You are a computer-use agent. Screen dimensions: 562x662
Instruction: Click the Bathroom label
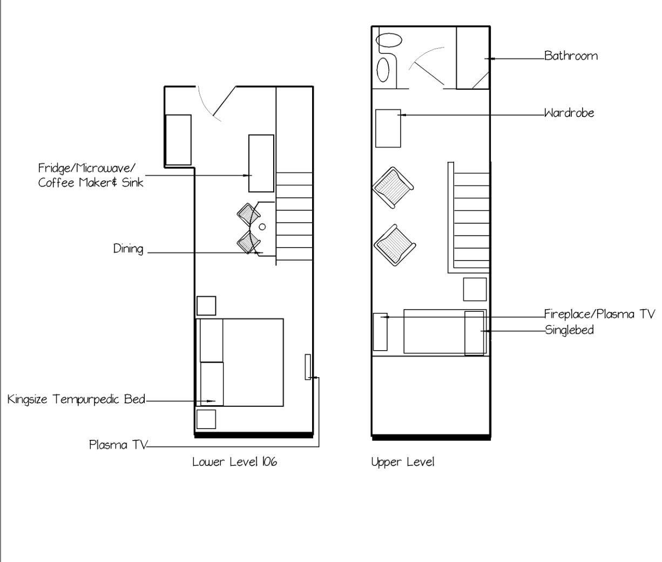click(x=571, y=56)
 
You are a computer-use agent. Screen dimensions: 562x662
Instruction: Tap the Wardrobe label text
click(x=569, y=113)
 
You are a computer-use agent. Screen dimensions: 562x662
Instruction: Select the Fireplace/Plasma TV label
click(x=599, y=314)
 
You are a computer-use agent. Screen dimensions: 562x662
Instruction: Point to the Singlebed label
click(x=569, y=330)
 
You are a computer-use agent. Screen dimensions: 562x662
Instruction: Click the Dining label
click(x=128, y=249)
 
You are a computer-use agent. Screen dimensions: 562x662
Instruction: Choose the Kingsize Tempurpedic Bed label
click(x=76, y=399)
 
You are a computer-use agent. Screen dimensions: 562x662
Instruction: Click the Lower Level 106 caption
click(x=234, y=462)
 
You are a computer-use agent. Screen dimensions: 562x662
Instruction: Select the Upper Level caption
click(x=402, y=462)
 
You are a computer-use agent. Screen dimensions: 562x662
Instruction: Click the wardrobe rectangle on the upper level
click(x=388, y=128)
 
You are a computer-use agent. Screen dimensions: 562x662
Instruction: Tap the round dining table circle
click(x=262, y=227)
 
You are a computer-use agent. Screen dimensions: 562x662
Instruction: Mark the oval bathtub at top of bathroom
click(x=389, y=40)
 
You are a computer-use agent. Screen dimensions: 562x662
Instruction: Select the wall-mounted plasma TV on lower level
click(x=308, y=367)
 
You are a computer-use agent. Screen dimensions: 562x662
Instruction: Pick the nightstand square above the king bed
click(x=206, y=306)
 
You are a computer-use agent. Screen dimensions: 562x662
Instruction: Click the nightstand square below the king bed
click(x=206, y=419)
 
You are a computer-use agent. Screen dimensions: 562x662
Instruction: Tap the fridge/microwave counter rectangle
click(x=261, y=163)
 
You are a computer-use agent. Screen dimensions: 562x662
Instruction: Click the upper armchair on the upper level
click(x=393, y=188)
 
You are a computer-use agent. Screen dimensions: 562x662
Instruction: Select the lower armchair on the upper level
click(x=395, y=245)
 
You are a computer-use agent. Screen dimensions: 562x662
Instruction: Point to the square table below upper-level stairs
click(x=475, y=289)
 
